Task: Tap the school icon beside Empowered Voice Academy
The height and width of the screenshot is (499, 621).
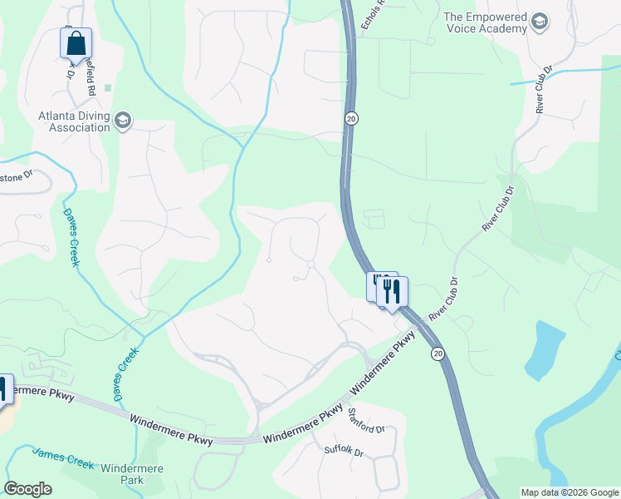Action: click(x=540, y=21)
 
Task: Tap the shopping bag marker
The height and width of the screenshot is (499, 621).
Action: click(x=76, y=42)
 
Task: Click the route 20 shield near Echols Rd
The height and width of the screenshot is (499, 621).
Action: click(x=351, y=119)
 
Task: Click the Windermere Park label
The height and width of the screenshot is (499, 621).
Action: click(x=131, y=474)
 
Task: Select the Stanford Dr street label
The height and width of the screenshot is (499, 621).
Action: click(x=366, y=421)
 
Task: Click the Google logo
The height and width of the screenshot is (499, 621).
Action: click(x=27, y=489)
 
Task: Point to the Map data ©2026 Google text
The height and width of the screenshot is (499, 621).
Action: click(x=569, y=492)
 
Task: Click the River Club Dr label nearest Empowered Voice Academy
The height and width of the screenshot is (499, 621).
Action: click(x=545, y=90)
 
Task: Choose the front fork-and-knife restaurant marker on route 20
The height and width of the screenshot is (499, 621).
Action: click(x=393, y=291)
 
